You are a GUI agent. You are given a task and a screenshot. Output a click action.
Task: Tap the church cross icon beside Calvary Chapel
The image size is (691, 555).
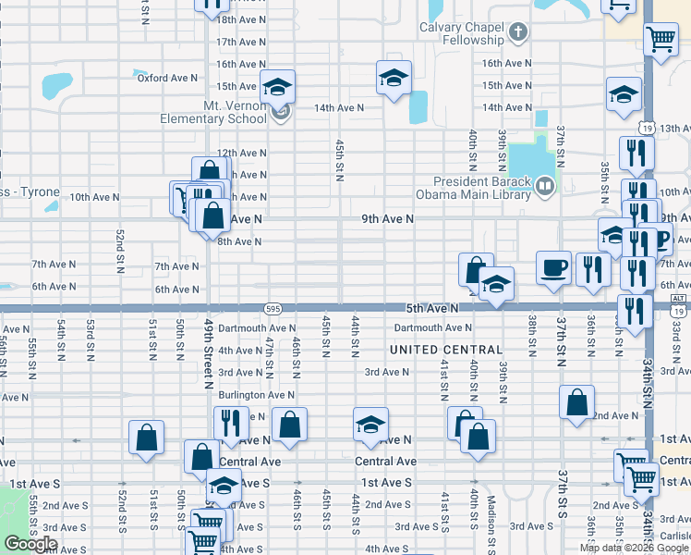[518, 33]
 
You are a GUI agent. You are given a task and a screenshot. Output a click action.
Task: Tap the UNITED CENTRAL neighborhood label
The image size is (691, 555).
[446, 350]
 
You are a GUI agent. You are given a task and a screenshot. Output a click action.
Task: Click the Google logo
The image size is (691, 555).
[31, 544]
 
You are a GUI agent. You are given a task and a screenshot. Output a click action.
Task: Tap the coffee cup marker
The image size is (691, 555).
[554, 267]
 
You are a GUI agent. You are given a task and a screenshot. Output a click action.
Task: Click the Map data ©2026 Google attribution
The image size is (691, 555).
[634, 548]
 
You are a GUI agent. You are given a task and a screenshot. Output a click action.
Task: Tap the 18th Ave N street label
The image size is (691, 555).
[240, 18]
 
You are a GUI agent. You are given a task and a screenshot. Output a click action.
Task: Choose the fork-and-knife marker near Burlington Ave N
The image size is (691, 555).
[231, 423]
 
